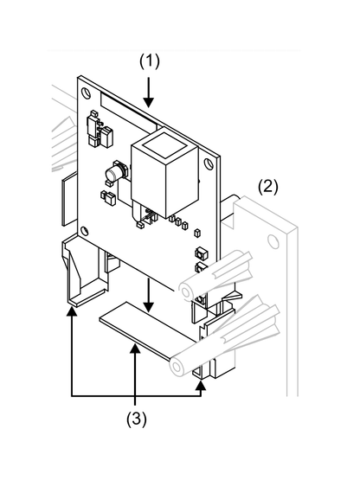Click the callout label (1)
151,62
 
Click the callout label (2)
268,186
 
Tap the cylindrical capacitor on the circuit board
113,176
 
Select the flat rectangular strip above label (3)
143,333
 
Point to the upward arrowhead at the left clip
71,317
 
